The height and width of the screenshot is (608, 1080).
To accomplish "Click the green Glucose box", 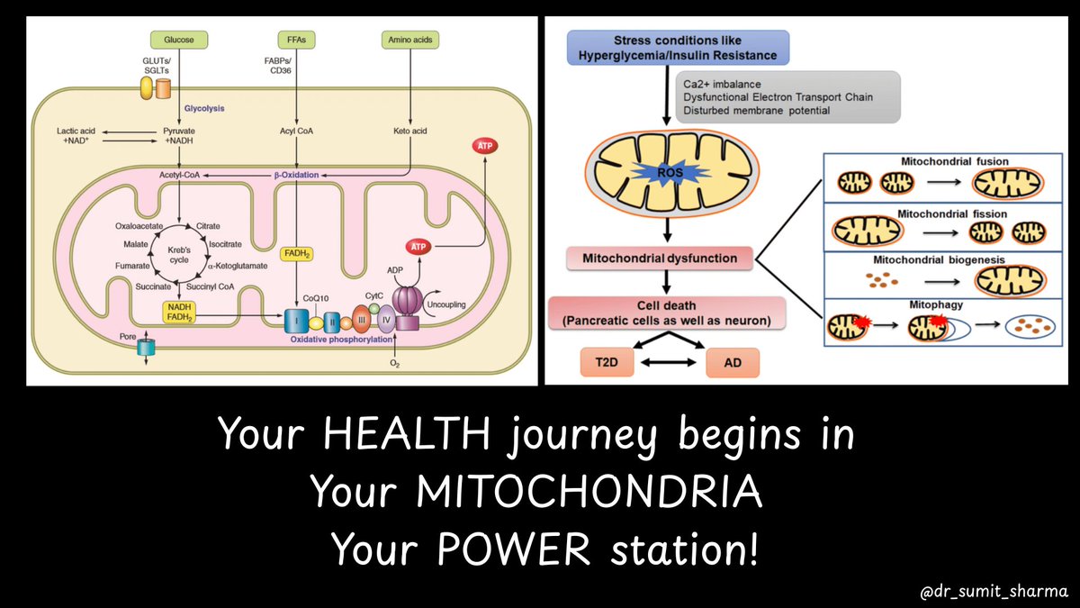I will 179,40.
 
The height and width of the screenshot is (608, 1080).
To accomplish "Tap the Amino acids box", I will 409,40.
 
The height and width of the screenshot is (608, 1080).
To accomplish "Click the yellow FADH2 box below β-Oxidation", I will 296,255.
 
